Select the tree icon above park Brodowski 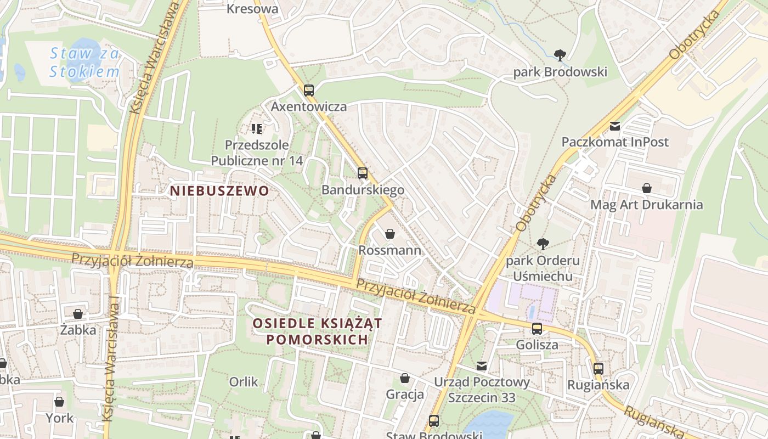(x=560, y=55)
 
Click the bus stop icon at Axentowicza (x=309, y=91)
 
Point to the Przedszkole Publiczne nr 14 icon (x=256, y=129)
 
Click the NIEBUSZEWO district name (x=219, y=191)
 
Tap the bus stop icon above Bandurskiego (x=362, y=173)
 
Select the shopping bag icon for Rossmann (x=390, y=234)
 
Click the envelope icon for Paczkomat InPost (x=614, y=126)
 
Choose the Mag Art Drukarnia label (x=646, y=205)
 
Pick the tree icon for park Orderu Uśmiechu (x=543, y=244)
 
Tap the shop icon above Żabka (x=78, y=314)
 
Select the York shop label (x=59, y=418)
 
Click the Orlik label (x=244, y=381)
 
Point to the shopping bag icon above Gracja (x=405, y=378)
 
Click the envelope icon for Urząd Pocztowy (x=482, y=365)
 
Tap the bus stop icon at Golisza (x=537, y=329)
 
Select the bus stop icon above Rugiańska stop (x=598, y=369)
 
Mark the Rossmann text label (x=389, y=250)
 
